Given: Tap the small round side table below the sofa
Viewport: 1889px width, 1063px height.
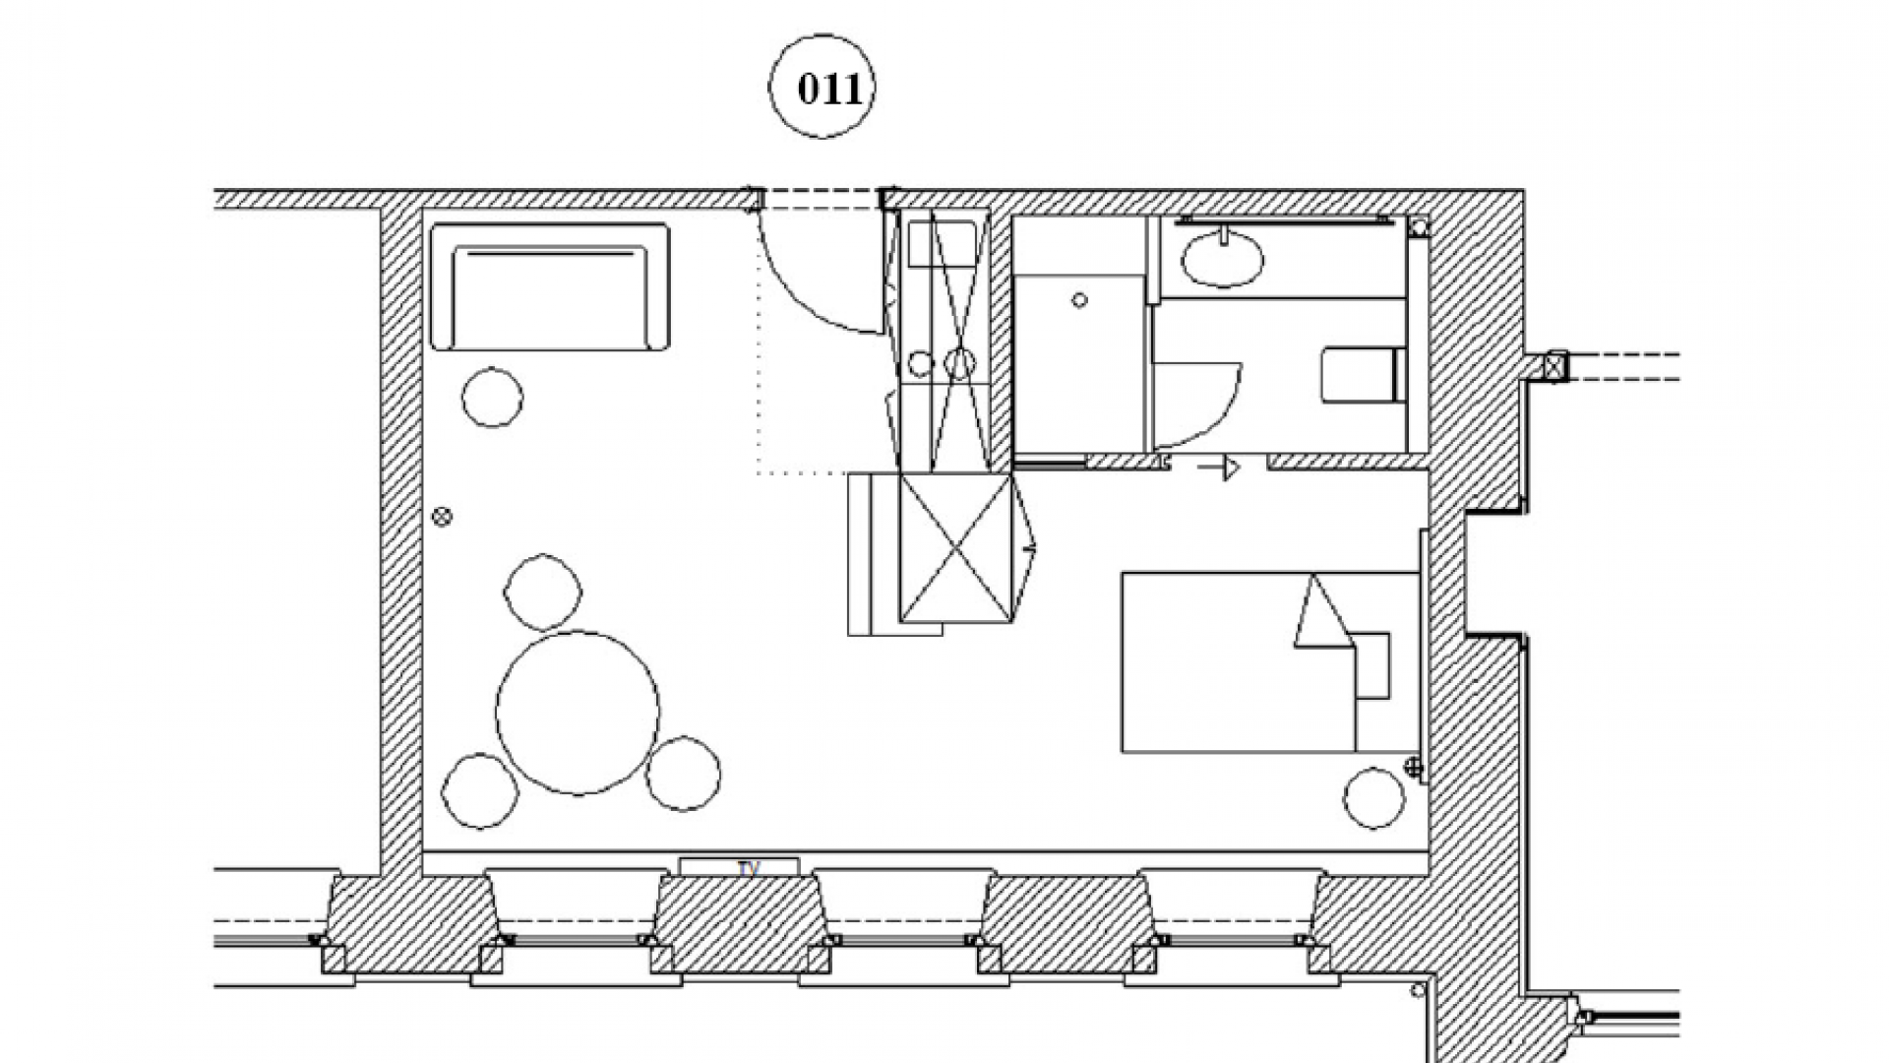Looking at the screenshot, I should coord(492,397).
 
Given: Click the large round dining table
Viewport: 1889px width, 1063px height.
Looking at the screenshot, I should coord(578,713).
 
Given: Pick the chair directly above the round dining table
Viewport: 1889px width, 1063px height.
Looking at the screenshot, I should coord(543,592).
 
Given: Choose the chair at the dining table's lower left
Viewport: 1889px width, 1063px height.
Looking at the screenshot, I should coord(480,791).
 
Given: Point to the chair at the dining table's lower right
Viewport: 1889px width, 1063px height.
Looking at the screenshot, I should coord(684,774).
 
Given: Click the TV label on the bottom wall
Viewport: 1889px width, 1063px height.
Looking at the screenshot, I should coord(749,868).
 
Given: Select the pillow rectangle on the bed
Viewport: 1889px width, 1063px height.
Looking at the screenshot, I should coord(1373,665).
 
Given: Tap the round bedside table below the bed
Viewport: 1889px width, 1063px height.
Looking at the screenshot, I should coord(1374,797).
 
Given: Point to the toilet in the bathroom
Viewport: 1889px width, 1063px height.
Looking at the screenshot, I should coord(1360,374).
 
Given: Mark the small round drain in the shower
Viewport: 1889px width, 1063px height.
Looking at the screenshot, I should coord(1080,300).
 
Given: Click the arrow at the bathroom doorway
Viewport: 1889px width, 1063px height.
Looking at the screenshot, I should coord(1219,467).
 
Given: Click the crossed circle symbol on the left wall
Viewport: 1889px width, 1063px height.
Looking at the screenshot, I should coord(442,516).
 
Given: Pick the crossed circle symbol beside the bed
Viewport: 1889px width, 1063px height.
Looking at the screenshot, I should coord(1414,767).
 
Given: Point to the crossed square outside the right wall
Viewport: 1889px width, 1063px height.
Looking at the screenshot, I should coord(1554,367).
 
